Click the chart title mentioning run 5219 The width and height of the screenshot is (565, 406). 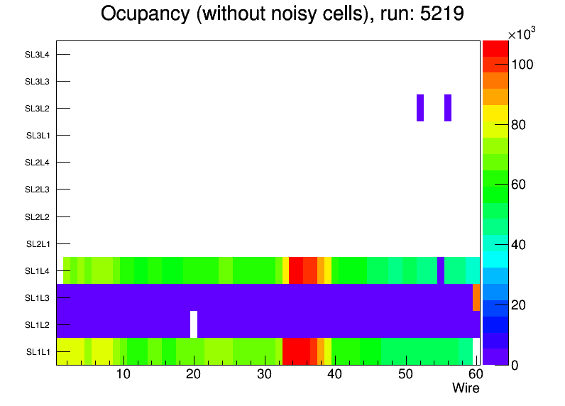click(x=282, y=14)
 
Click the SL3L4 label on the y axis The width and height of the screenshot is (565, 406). click(x=37, y=54)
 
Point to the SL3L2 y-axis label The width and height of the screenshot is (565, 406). click(x=37, y=108)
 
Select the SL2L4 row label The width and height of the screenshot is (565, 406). click(x=37, y=163)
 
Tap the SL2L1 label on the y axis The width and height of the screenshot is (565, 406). click(x=37, y=244)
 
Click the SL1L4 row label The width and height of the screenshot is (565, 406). click(x=37, y=271)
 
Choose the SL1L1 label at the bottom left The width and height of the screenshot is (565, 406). click(x=38, y=352)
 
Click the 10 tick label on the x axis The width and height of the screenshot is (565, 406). click(x=123, y=375)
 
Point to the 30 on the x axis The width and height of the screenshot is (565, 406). click(x=264, y=375)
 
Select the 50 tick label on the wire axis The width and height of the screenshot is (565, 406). click(x=405, y=375)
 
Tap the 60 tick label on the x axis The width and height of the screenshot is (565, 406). click(x=474, y=375)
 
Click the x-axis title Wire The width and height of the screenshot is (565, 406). click(x=466, y=388)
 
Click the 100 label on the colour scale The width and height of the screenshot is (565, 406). click(x=522, y=65)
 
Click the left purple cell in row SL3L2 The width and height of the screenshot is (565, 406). click(x=420, y=108)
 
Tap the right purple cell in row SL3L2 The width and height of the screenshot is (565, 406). click(x=448, y=108)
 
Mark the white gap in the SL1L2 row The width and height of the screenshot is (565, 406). click(x=194, y=324)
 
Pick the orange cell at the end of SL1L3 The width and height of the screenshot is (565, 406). click(x=476, y=297)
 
